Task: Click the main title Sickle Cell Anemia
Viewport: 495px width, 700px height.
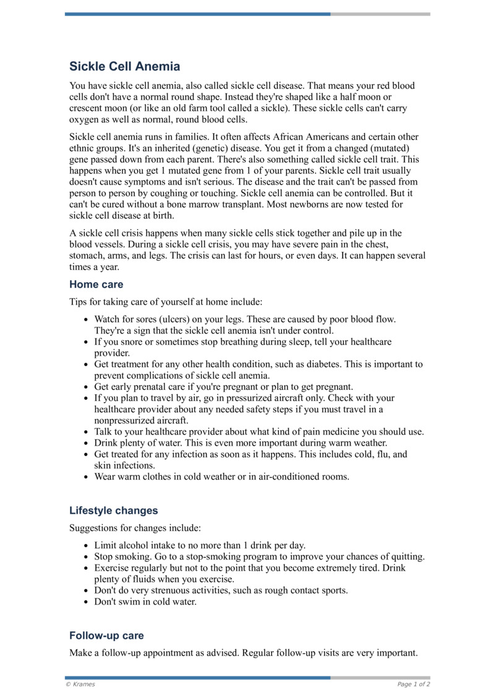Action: click(124, 66)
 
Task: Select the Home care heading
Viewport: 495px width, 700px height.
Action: click(96, 285)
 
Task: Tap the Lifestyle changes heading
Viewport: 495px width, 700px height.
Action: click(113, 511)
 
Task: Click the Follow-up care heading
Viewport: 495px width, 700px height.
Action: click(106, 636)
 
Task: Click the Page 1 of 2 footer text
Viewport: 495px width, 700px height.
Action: click(413, 685)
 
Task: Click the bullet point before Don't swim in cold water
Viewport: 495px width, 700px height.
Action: click(86, 602)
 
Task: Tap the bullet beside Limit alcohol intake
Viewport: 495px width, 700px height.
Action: click(86, 546)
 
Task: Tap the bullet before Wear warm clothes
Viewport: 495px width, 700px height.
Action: click(86, 477)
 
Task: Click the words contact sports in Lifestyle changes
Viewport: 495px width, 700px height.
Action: click(317, 590)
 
